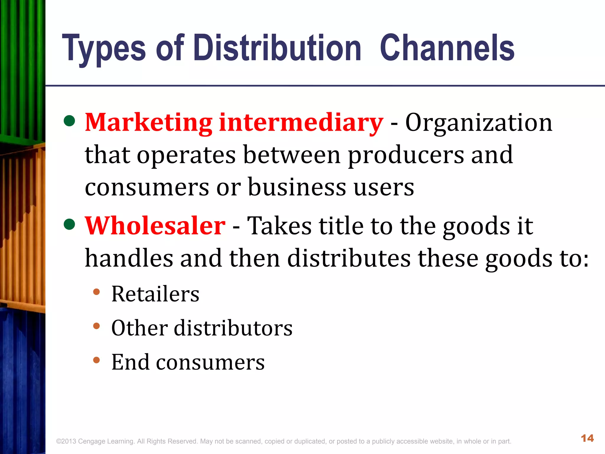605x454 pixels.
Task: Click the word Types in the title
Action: click(x=104, y=49)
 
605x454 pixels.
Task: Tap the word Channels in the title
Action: click(x=447, y=48)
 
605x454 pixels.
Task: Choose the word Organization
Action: click(x=479, y=123)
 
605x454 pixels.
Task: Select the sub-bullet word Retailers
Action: click(x=155, y=294)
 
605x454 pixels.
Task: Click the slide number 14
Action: click(x=587, y=438)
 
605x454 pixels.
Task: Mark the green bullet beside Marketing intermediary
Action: click(x=69, y=121)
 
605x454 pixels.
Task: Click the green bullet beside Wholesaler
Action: click(x=69, y=224)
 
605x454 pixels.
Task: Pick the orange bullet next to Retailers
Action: click(x=96, y=292)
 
